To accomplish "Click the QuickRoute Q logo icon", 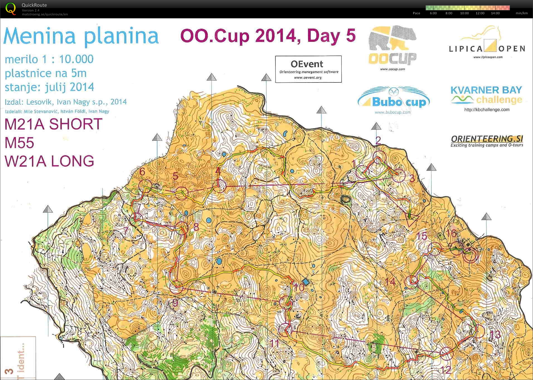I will [11, 9].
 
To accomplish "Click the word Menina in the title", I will [40, 36].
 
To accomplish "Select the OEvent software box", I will [308, 69].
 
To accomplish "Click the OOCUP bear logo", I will [392, 47].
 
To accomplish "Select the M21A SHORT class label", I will [53, 124].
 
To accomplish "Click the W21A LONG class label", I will [50, 161].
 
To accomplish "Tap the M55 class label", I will [19, 143].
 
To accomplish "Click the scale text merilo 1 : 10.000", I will [49, 59].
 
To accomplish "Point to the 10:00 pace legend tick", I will [464, 13].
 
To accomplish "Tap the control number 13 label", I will [495, 334].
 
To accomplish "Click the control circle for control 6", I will [145, 186].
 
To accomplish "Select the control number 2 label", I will [378, 140].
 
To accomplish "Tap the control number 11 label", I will [275, 343].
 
